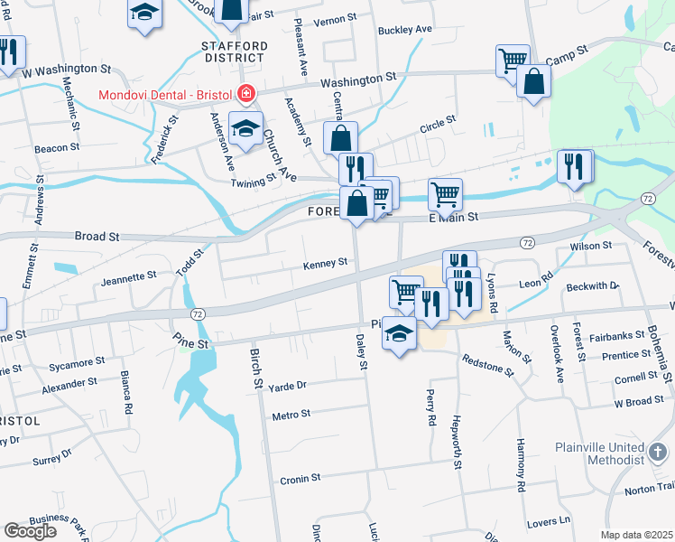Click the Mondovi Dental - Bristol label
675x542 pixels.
coord(165,93)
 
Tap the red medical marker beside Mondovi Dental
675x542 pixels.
coord(245,93)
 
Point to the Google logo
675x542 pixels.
coord(30,530)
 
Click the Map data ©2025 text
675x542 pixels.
coord(637,535)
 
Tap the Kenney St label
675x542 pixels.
coord(325,263)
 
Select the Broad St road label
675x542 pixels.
coord(97,236)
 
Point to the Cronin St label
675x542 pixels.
coord(300,478)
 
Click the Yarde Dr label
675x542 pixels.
coord(288,385)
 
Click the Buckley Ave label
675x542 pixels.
coord(405,30)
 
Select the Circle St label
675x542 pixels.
coord(437,123)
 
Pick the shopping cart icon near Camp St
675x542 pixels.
coord(513,60)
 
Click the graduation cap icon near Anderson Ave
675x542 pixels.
coord(245,127)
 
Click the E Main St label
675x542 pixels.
coord(452,217)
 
